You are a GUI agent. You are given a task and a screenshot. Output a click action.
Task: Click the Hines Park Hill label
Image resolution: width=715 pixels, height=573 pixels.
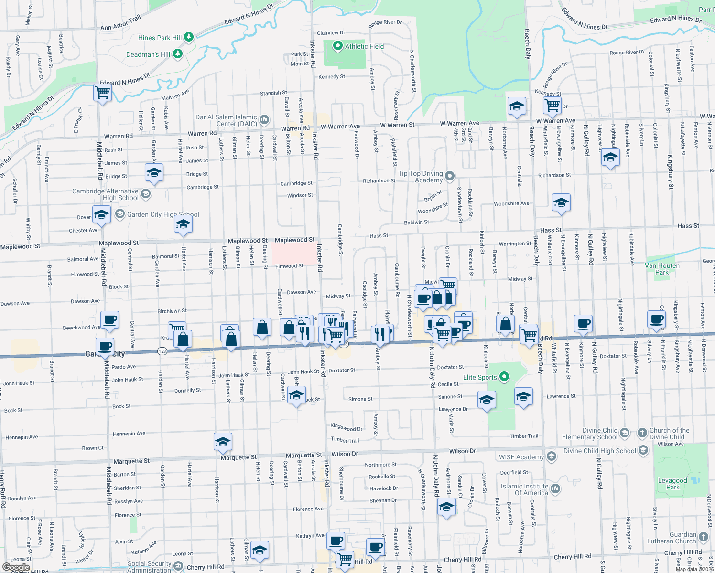(160, 38)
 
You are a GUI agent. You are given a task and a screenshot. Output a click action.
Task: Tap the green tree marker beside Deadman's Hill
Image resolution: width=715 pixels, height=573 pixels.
(178, 53)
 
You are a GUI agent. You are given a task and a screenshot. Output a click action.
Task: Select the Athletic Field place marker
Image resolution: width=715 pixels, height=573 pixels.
(338, 46)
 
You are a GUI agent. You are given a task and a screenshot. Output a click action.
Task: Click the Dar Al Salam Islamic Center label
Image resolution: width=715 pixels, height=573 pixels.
(226, 120)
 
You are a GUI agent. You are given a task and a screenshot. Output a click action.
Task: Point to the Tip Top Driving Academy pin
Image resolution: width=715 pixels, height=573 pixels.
(449, 176)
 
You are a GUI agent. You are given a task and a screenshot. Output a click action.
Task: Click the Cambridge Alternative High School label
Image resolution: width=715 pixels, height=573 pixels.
(105, 194)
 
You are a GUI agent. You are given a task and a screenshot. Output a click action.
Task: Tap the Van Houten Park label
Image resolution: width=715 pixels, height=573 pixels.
(662, 269)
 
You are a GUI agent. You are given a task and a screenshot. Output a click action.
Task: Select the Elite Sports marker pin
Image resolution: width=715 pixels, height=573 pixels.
(504, 377)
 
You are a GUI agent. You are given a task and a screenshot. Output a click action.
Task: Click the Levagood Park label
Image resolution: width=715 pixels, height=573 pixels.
(672, 484)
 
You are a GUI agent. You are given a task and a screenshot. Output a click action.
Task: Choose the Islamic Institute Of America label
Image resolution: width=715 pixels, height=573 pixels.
(524, 489)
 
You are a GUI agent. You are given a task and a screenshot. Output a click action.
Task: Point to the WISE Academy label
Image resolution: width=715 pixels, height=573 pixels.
(521, 457)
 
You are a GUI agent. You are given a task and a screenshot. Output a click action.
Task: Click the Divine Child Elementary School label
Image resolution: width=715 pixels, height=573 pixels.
(590, 434)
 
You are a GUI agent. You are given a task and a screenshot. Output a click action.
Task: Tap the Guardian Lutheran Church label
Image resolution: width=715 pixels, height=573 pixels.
(672, 538)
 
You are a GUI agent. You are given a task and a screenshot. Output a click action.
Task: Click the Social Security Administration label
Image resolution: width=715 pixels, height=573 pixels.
(149, 567)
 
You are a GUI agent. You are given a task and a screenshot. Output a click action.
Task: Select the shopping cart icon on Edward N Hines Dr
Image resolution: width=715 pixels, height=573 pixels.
(103, 92)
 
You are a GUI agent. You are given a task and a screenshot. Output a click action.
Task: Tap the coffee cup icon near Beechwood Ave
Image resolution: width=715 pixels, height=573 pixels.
(110, 319)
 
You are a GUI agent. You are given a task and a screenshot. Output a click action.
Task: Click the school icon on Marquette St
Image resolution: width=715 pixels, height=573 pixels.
(223, 442)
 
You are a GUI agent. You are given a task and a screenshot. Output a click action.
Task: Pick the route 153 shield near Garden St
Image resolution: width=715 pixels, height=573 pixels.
(162, 351)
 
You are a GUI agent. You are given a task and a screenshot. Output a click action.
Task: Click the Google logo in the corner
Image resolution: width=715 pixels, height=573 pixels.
(16, 567)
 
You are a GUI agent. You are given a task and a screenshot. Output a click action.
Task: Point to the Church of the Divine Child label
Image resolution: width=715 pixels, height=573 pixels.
(669, 434)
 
